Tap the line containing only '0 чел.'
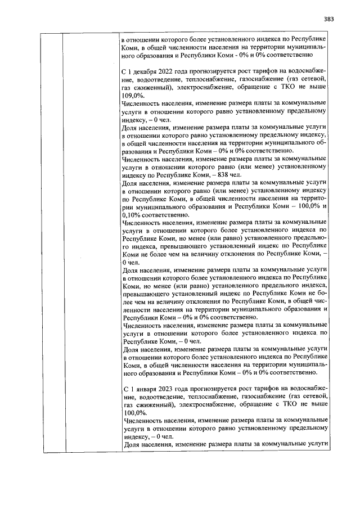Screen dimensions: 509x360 point(130,262)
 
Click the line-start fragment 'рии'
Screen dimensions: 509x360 point(127,206)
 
